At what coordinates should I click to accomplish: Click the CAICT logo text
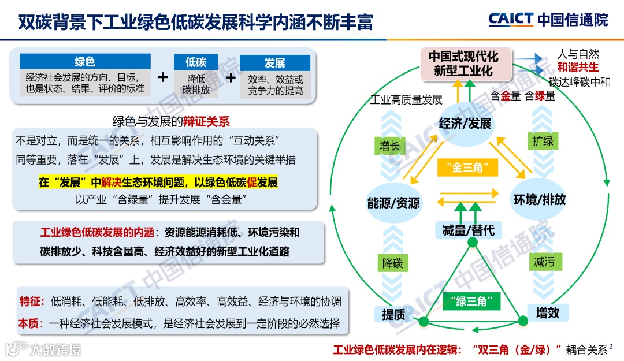(510, 19)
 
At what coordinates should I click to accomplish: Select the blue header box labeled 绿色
(84, 62)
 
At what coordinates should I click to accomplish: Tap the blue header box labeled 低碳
(196, 62)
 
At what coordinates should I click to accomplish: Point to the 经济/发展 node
(465, 124)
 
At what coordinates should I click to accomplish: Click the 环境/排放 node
(540, 200)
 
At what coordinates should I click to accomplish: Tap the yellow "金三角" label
(468, 168)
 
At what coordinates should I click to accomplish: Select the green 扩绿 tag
(543, 142)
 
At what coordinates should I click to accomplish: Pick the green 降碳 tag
(393, 263)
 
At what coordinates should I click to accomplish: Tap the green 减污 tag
(544, 262)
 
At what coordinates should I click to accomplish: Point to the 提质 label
(393, 314)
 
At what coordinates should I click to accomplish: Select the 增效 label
(548, 313)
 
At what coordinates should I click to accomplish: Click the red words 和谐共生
(578, 68)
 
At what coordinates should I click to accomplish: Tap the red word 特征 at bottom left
(29, 301)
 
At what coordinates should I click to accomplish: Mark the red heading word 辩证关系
(206, 121)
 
